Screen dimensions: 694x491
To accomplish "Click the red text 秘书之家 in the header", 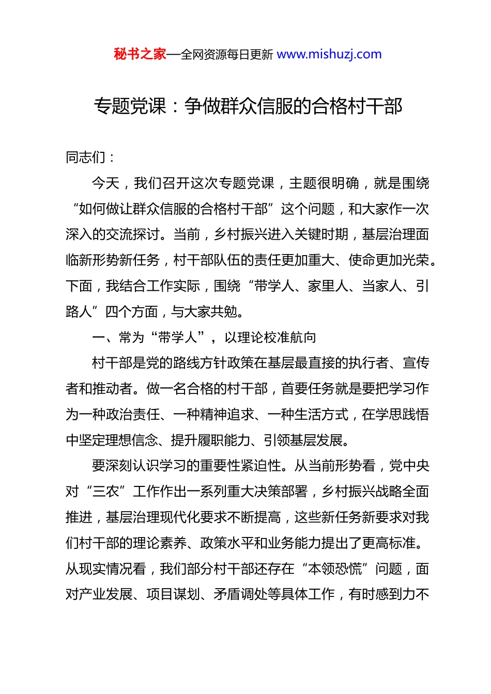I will (x=140, y=54).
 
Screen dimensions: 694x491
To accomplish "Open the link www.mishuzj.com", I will (x=329, y=54).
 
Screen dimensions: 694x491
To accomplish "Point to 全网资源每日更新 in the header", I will (x=227, y=55).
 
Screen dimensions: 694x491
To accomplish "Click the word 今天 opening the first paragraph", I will (x=105, y=183).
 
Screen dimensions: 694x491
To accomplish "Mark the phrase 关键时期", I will (x=321, y=234).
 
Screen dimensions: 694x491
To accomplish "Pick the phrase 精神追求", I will (x=227, y=415).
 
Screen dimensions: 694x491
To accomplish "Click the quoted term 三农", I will (x=106, y=492).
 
